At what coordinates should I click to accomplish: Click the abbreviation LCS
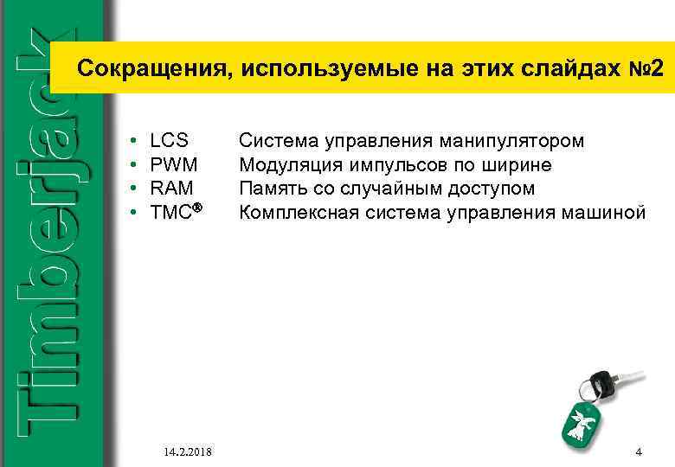pyautogui.click(x=169, y=140)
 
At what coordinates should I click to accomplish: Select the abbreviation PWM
pyautogui.click(x=174, y=164)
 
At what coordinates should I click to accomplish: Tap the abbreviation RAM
pyautogui.click(x=171, y=189)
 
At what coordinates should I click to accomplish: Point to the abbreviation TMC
pyautogui.click(x=170, y=213)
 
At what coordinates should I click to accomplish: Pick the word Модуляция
pyautogui.click(x=284, y=164)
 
